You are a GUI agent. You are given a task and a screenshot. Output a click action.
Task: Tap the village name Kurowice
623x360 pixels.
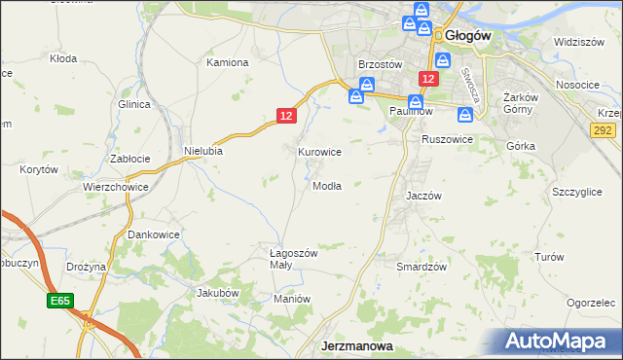click(319, 152)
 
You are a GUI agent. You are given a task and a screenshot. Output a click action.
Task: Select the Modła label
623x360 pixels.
click(326, 186)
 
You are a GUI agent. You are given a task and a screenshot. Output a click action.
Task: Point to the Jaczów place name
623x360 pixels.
click(423, 195)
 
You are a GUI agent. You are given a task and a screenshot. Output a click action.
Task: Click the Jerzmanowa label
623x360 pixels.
click(357, 345)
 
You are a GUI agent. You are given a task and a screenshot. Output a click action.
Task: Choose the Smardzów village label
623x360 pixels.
click(421, 266)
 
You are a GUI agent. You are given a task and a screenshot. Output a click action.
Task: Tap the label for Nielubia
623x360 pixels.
click(203, 151)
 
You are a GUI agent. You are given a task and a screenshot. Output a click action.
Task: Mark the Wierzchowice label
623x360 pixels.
click(115, 187)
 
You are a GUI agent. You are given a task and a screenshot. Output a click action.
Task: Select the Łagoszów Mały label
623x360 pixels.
click(293, 259)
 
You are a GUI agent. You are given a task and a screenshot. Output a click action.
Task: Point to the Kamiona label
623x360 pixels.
click(228, 62)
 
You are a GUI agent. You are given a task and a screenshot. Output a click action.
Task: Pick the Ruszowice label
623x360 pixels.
click(447, 139)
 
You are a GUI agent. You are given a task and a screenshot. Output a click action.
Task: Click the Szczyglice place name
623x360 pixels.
click(575, 192)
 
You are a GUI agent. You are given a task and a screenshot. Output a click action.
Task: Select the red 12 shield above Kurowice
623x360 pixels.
click(285, 115)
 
